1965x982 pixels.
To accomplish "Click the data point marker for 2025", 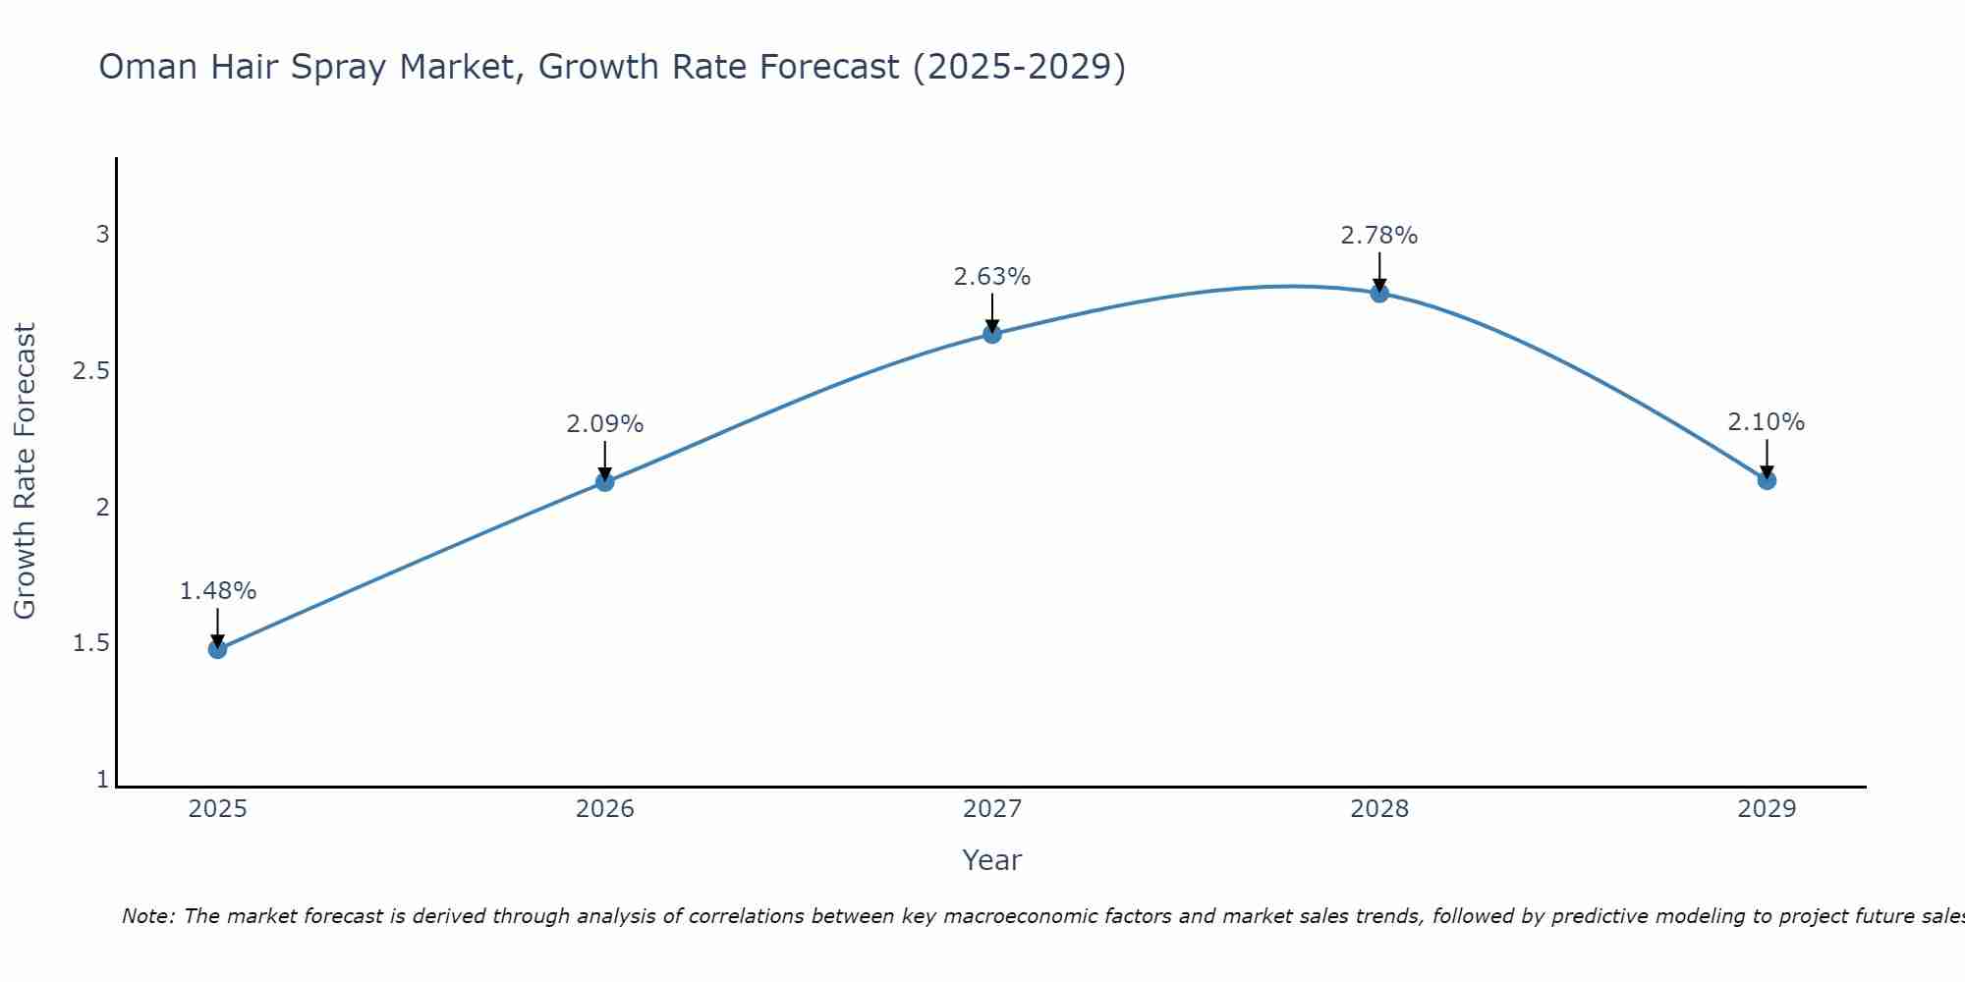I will coord(217,649).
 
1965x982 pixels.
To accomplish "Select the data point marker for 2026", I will coord(604,481).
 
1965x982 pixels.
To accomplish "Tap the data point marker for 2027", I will coord(991,334).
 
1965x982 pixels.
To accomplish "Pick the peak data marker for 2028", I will coord(1378,293).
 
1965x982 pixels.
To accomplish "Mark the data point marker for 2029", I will coord(1766,480).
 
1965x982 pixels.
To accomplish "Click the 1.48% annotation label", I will coord(217,591).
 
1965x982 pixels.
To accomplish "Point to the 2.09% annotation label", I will coord(604,424).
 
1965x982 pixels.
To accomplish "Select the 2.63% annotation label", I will coord(991,277).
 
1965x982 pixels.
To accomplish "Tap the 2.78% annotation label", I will coord(1378,236).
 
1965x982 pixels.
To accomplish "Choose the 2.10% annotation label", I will coord(1766,422).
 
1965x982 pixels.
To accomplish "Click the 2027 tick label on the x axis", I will coord(991,809).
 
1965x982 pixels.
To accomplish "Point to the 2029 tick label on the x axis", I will coord(1766,809).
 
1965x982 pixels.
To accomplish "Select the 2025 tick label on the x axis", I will coord(217,809).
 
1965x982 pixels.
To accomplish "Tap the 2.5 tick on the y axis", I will coord(89,371).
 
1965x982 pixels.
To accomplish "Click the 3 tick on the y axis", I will coord(102,235).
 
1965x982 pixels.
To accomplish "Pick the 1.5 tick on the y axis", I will coord(89,644).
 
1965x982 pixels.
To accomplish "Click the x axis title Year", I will coord(991,860).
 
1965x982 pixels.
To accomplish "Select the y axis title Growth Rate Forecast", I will coord(26,471).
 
